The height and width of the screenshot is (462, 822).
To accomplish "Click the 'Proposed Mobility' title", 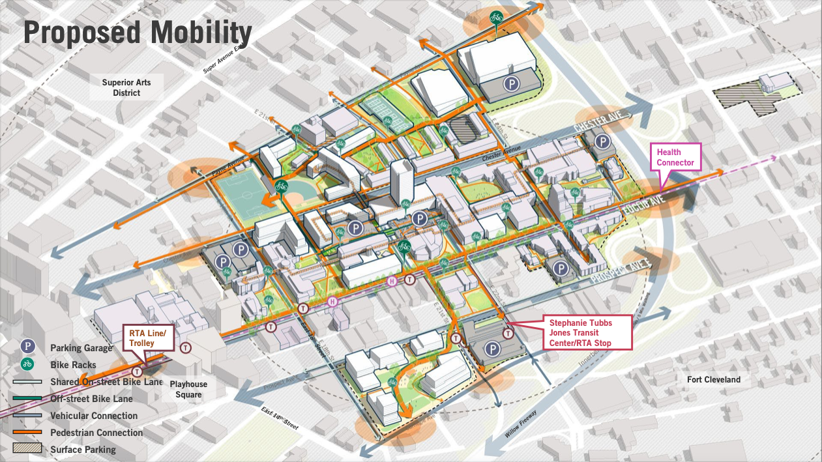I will click(138, 33).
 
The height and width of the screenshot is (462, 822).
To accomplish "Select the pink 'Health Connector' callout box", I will click(675, 157).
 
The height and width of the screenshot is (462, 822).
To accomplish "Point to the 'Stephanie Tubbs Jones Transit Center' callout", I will click(580, 332).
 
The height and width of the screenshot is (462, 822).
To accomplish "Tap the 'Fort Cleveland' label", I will click(714, 379).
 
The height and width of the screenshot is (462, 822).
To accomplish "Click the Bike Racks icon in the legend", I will click(27, 365).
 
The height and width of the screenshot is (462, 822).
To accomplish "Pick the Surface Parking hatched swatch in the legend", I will click(27, 449).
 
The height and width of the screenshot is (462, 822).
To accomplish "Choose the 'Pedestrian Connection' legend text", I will click(96, 433).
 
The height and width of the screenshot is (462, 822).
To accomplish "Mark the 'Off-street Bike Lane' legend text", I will click(91, 399).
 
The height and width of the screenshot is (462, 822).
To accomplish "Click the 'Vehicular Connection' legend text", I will click(94, 416).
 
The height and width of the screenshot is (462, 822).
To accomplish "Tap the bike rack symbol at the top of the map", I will click(496, 17).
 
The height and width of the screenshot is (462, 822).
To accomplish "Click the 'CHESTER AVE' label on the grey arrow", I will click(602, 123).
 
